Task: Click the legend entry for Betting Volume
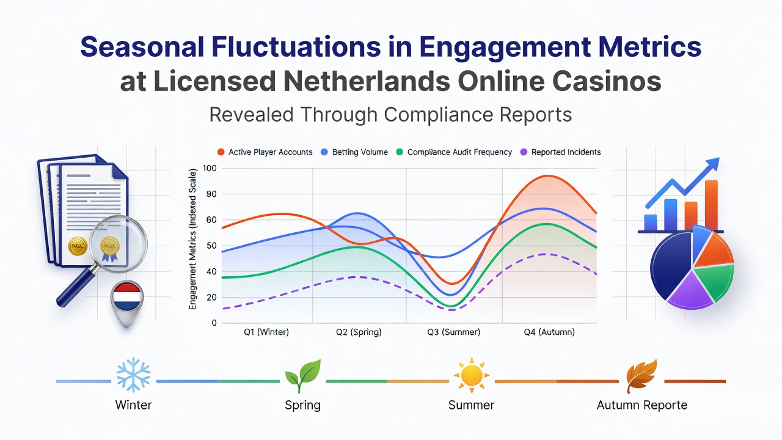coord(354,152)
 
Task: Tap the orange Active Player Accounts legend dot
coord(221,152)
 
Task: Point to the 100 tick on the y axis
coord(210,168)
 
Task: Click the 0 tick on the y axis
coord(214,323)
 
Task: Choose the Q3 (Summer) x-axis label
coord(453,332)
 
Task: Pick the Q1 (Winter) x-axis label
coord(266,332)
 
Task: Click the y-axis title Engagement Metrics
coord(192,239)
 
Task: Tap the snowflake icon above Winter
coord(133,375)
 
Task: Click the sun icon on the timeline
coord(471,376)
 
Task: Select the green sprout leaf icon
coord(302,375)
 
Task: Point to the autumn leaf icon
coord(641,376)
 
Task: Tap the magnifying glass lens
coord(118,244)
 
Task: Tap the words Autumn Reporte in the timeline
coord(642,405)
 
